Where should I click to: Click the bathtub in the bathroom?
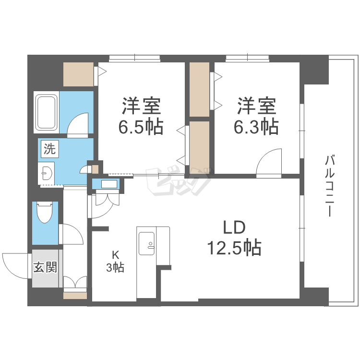47,112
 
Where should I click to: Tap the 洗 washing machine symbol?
49,149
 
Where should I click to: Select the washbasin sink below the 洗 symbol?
47,173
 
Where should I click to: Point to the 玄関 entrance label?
45,267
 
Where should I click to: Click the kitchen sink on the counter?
146,243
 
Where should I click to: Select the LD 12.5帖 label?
234,238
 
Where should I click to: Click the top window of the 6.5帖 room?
134,59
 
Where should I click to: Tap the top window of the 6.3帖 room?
248,59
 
